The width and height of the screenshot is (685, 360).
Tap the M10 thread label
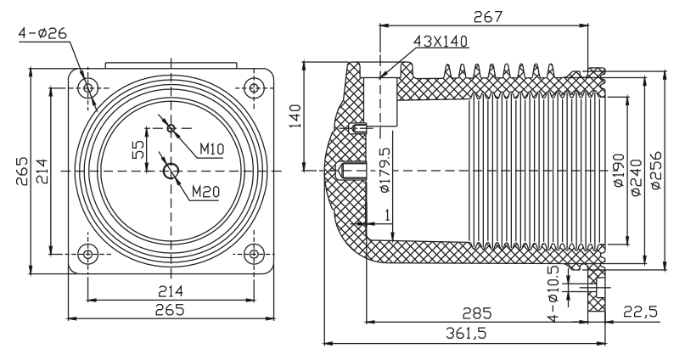(x=211, y=149)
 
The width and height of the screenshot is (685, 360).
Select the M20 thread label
(x=206, y=191)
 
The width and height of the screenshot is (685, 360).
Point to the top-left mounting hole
(x=88, y=88)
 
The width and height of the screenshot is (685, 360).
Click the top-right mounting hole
(x=252, y=88)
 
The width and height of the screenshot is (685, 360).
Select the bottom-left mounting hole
(x=88, y=253)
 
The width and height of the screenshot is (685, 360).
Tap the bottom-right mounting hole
(x=252, y=253)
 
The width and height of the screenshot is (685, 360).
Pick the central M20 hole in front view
(x=171, y=172)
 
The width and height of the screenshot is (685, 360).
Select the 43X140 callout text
(x=441, y=41)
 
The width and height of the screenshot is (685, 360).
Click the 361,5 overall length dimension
(x=463, y=335)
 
